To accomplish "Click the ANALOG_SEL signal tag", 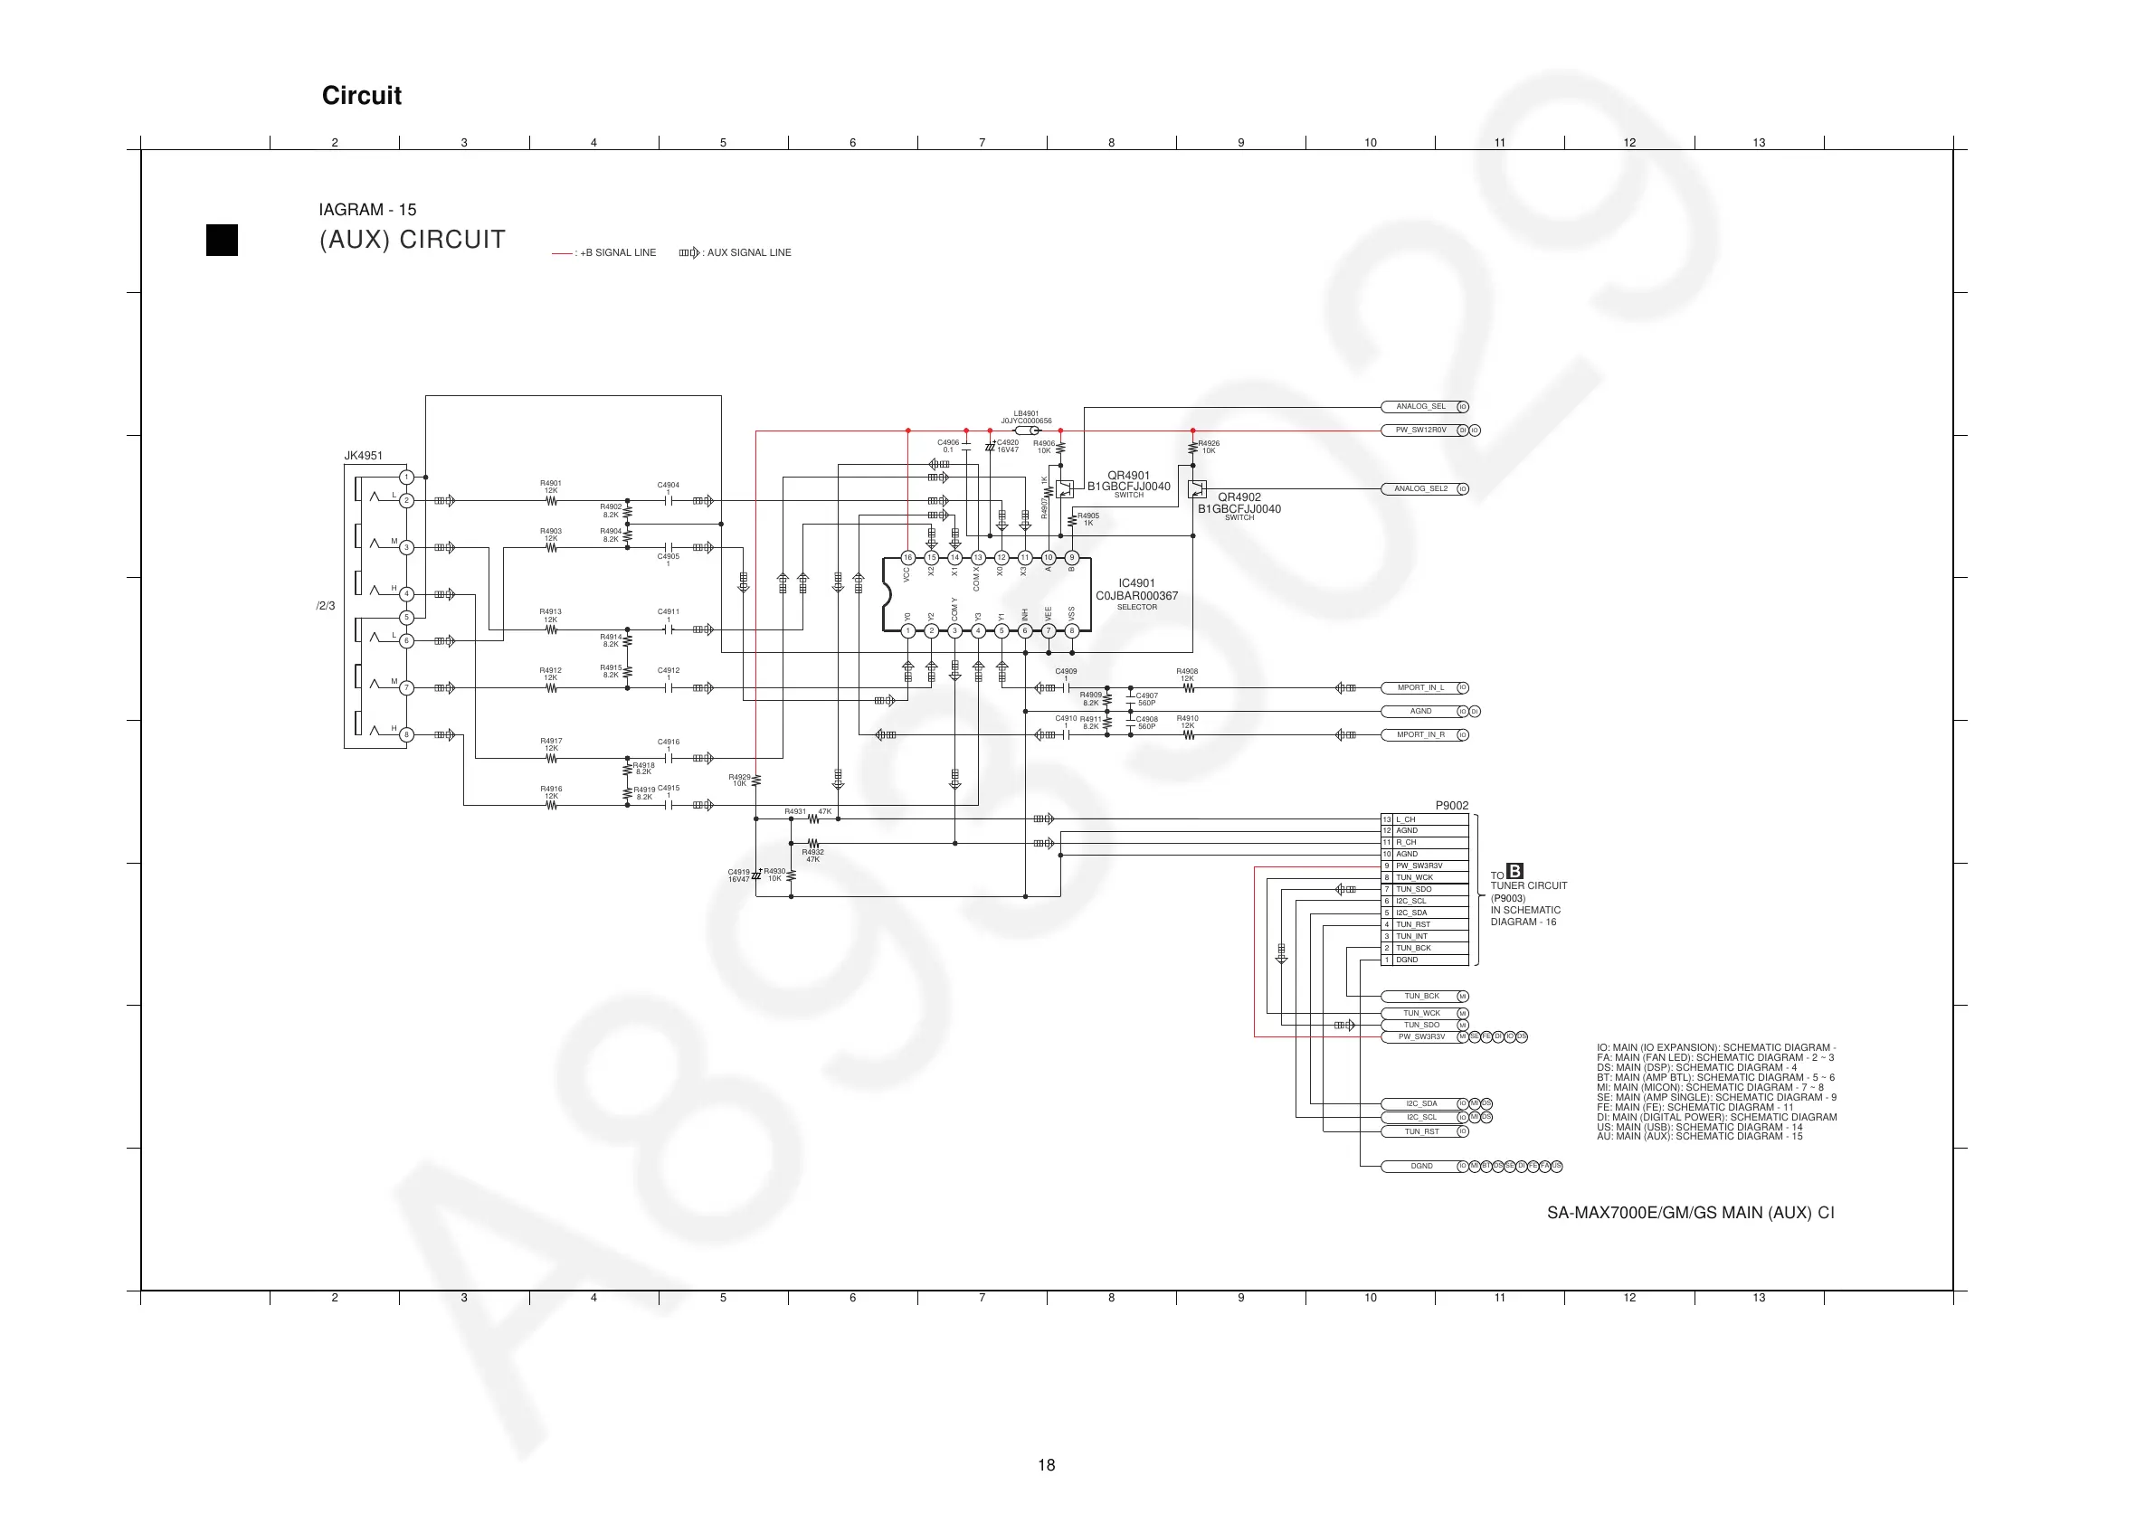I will [x=1420, y=407].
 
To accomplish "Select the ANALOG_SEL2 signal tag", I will [x=1420, y=489].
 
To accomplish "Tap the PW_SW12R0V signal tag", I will [x=1420, y=430].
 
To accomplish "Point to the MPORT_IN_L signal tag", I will [x=1420, y=688].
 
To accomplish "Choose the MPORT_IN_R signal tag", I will [x=1420, y=734].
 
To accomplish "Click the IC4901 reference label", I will [x=1136, y=583].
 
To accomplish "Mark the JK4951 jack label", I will [x=363, y=456].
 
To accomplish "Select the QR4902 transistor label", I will [x=1239, y=497].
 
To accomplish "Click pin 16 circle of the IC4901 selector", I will [x=907, y=557].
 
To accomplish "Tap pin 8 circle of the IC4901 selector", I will [x=1072, y=630].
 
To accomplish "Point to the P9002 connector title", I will [x=1451, y=805].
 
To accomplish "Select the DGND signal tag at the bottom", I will [x=1421, y=1167].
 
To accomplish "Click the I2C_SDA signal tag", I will [x=1421, y=1103].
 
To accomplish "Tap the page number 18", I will [x=1047, y=1465].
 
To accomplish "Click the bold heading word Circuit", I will [x=361, y=96].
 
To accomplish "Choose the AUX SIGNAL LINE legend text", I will [x=748, y=252].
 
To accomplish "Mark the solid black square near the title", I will [x=222, y=241].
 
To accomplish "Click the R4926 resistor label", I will [x=1208, y=443].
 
